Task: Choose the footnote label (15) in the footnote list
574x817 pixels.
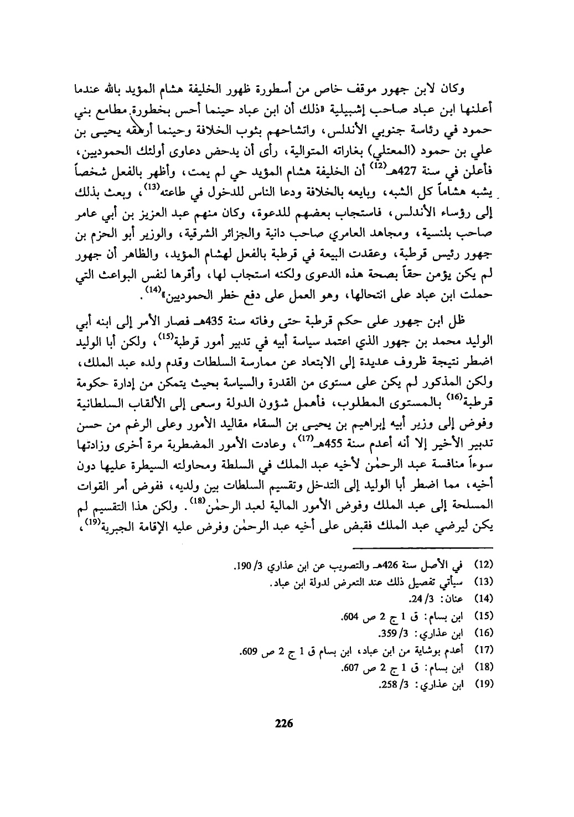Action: pos(485,615)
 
